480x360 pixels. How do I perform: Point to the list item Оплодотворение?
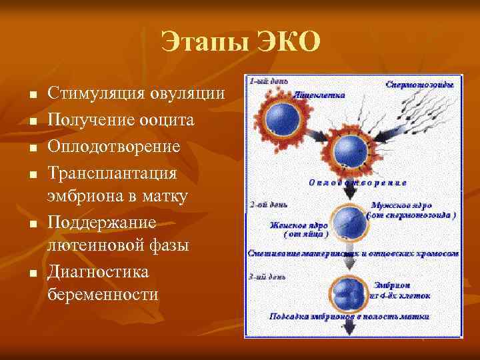115,146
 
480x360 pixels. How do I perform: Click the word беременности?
104,295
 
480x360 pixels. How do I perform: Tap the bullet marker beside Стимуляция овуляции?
32,94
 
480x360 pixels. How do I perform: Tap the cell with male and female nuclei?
347,221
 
